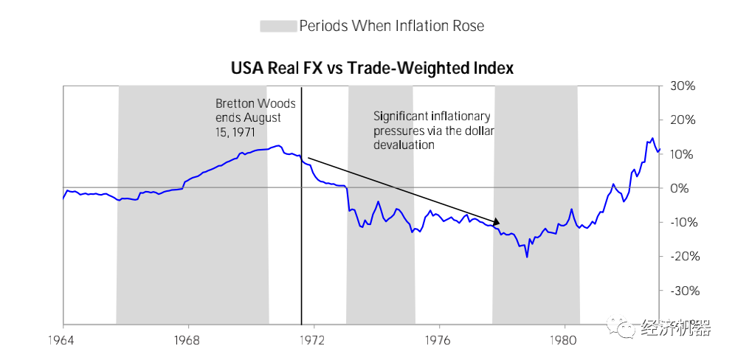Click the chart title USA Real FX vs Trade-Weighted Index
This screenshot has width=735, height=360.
372,69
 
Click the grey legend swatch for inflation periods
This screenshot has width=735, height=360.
277,27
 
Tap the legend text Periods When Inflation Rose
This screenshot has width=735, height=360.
391,27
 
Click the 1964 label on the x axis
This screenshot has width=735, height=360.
63,342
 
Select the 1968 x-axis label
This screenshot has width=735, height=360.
188,342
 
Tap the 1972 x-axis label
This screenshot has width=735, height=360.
314,342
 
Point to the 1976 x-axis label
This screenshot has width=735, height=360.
439,342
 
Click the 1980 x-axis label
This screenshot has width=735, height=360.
565,342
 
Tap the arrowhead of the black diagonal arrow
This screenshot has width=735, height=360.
497,221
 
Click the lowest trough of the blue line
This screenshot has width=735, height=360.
527,256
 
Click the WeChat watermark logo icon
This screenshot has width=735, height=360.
618,328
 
